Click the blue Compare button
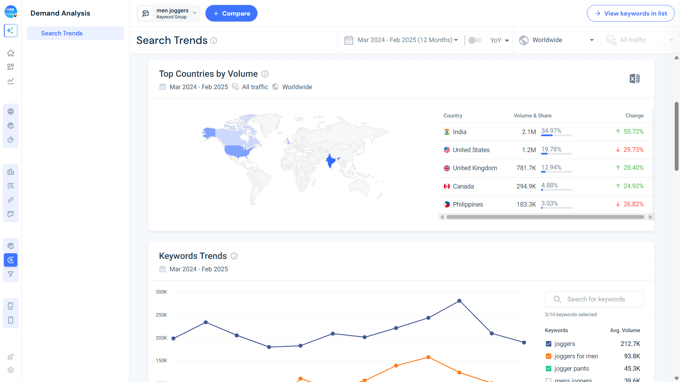point(231,13)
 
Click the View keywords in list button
point(630,13)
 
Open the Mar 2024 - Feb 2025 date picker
point(401,40)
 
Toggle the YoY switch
point(475,40)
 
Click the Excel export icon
point(634,79)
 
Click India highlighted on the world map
point(330,161)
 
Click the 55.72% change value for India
point(633,132)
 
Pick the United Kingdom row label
point(475,168)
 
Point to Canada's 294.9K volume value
point(526,186)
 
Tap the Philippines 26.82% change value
point(633,204)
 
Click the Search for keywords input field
point(599,299)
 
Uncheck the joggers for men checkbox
point(549,356)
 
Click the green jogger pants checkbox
point(549,369)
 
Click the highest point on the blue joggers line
point(459,301)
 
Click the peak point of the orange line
point(428,357)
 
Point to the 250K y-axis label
point(161,315)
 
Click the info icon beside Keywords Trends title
point(234,256)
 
